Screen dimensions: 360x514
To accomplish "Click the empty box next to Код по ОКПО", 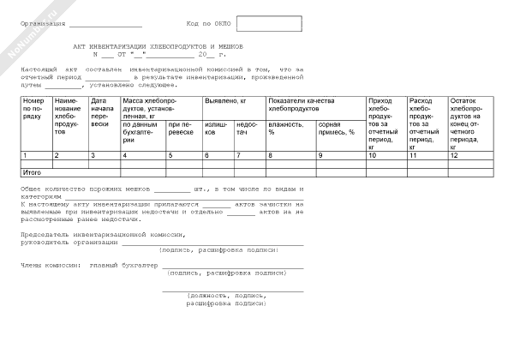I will coord(268,23).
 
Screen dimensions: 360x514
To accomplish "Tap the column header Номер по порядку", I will coord(33,109).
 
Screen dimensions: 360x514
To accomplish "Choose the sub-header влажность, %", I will coord(285,129).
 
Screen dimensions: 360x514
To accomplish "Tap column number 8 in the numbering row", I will coord(271,155).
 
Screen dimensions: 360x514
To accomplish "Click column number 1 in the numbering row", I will coord(25,155).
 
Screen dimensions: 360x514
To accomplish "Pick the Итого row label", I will coord(32,173).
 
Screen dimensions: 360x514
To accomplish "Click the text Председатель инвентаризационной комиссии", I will coord(102,234).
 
